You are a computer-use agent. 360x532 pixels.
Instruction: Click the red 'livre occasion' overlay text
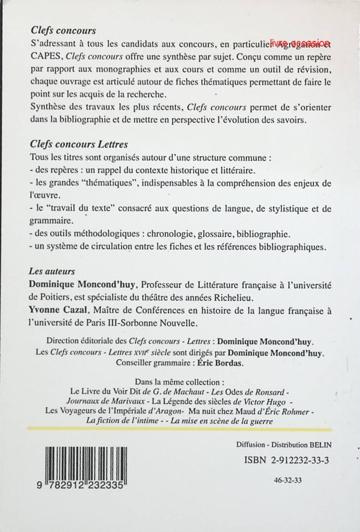300,43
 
